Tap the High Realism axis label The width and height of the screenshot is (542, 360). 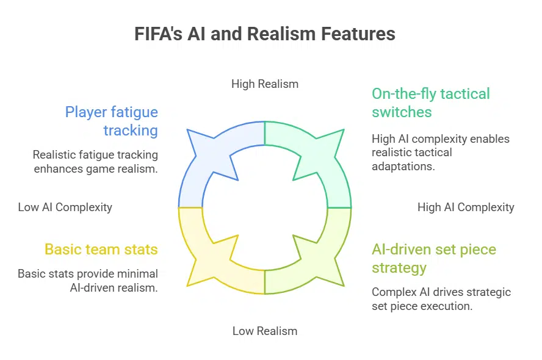264,84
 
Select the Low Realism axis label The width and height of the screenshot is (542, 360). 264,331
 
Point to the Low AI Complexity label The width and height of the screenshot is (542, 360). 65,207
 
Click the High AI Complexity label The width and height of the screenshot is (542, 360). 466,207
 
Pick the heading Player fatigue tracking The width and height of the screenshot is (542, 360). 112,121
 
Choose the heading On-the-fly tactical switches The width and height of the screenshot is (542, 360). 430,103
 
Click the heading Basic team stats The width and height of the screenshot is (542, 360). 101,249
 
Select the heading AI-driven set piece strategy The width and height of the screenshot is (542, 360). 433,258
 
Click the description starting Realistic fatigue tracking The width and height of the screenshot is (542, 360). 95,162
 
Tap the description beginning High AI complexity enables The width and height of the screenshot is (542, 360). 440,153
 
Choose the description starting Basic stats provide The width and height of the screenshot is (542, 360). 88,281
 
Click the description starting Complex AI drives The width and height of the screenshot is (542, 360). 441,299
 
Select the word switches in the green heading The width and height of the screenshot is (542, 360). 401,112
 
